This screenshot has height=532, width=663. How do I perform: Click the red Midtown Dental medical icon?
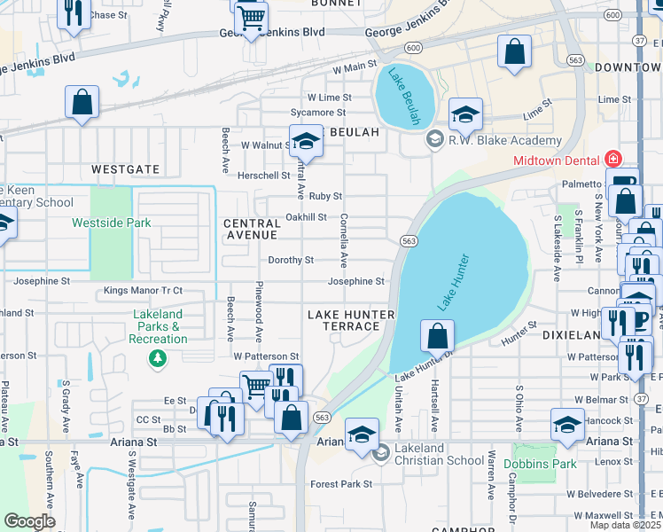612,160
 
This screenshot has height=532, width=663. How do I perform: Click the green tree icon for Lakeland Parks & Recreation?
157,358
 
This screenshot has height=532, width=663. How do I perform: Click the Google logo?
29,521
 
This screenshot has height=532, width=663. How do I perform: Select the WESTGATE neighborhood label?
125,168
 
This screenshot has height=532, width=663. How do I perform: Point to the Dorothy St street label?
292,261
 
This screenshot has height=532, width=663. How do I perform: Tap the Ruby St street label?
325,196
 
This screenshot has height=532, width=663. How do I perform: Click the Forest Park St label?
341,484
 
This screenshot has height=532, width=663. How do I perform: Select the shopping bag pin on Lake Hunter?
437,337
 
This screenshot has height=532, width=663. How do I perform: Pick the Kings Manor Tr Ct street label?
143,290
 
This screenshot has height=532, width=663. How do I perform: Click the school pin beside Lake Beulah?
465,114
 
